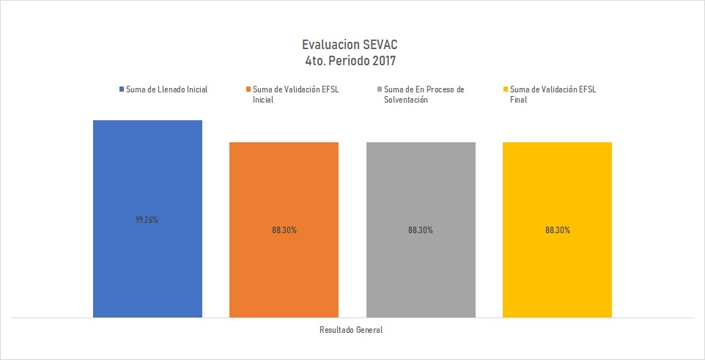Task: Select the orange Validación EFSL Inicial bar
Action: click(x=284, y=191)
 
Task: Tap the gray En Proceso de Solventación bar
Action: click(x=421, y=191)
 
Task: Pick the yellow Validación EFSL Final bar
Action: click(x=557, y=191)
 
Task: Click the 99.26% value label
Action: click(x=147, y=218)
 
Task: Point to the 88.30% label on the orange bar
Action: click(x=284, y=229)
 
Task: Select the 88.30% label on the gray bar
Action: click(x=421, y=229)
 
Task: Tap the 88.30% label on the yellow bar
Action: click(x=557, y=229)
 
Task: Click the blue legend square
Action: click(x=121, y=89)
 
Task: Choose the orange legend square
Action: click(x=248, y=89)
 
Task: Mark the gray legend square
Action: click(x=378, y=89)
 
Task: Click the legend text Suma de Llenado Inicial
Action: click(x=166, y=89)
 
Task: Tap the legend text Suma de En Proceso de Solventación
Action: click(x=424, y=95)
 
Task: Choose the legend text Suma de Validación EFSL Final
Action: click(x=553, y=95)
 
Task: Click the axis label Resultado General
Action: click(x=351, y=330)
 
